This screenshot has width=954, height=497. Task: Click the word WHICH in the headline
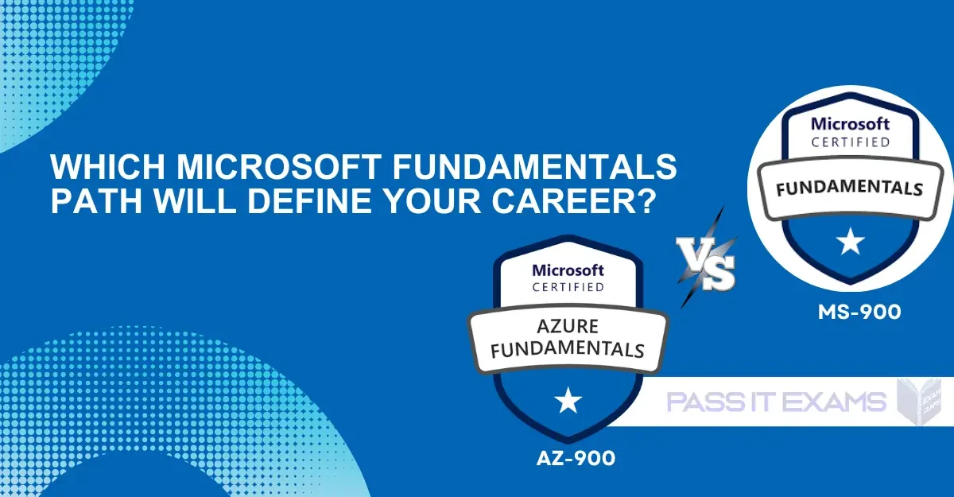point(107,166)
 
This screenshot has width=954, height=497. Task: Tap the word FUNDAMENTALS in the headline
point(534,166)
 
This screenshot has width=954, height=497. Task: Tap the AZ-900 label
point(576,458)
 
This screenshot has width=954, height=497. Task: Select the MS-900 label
point(859,313)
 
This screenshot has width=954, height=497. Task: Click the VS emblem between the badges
point(708,258)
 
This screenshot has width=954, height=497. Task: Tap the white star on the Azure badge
point(568,400)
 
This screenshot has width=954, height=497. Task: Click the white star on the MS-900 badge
point(851,242)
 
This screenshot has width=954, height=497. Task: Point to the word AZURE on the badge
point(568,327)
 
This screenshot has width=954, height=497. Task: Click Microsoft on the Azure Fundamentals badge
point(568,270)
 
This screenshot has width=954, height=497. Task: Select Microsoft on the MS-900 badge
point(851,124)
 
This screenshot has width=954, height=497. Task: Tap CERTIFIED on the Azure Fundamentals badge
point(568,287)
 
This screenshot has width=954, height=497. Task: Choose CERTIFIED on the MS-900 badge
point(851,142)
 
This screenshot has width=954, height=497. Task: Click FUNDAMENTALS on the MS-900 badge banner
point(850,188)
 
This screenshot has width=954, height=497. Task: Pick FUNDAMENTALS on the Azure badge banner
point(568,350)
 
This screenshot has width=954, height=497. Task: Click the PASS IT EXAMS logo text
point(776,402)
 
